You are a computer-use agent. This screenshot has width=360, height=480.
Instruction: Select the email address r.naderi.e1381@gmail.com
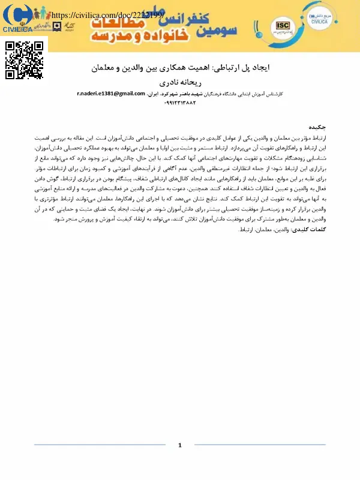pos(112,94)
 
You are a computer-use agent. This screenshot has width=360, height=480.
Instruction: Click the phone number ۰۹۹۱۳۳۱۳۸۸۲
pos(181,103)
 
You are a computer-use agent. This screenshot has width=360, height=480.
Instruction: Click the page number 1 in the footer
pos(180,445)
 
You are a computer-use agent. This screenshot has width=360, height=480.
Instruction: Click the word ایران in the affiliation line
pos(155,94)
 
